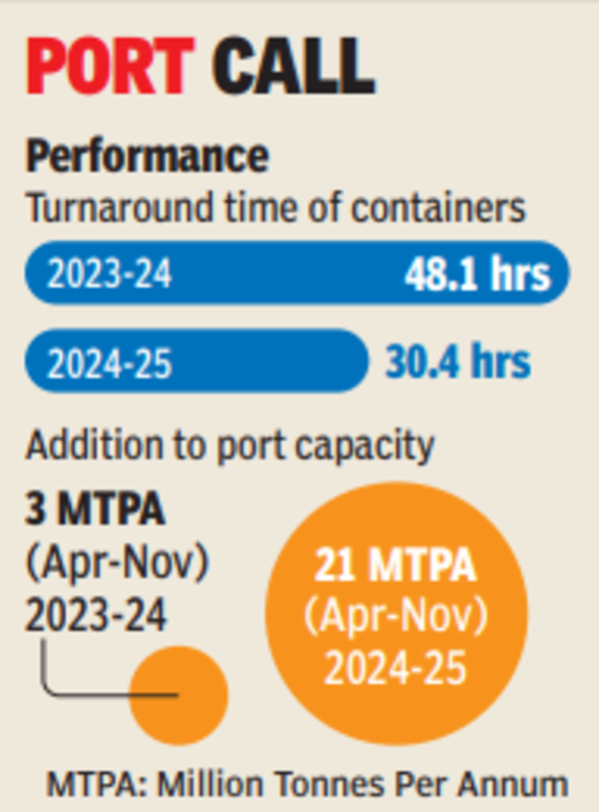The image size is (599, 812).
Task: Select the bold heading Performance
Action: coord(147,157)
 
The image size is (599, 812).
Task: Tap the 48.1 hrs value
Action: coord(477,275)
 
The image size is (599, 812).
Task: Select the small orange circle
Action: coord(179,696)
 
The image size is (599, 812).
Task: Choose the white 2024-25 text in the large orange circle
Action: coord(396,666)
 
